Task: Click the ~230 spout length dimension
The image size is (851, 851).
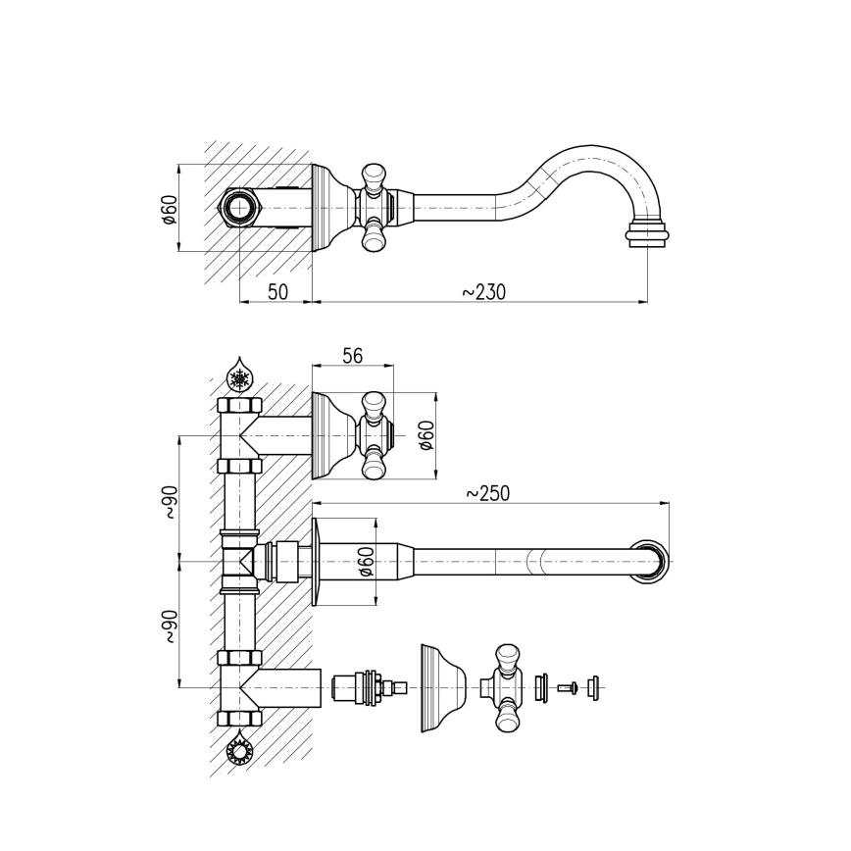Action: click(483, 292)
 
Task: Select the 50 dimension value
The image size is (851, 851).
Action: click(277, 292)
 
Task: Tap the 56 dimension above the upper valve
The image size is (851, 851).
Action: click(352, 356)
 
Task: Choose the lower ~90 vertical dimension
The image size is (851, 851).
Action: click(170, 626)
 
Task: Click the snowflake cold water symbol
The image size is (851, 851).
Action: click(238, 378)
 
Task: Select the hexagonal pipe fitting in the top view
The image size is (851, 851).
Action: click(238, 208)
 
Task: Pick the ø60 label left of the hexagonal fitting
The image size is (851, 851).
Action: click(169, 209)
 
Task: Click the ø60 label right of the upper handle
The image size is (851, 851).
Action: click(425, 435)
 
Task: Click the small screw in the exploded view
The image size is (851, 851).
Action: click(567, 687)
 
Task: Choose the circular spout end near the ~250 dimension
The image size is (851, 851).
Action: click(653, 562)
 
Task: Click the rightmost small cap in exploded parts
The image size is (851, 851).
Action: click(592, 687)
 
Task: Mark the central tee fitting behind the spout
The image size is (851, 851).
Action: click(239, 562)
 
